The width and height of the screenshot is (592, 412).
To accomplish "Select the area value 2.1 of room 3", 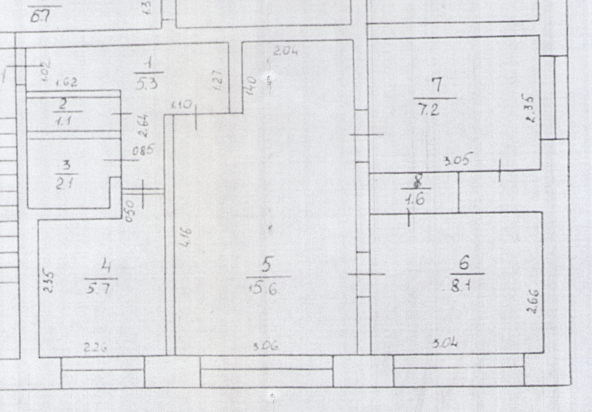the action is [67, 185].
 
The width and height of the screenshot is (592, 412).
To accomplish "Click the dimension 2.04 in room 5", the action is [286, 51].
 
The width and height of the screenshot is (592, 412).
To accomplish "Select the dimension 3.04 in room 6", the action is [445, 343].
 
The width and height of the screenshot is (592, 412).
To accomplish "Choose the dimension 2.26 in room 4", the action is [96, 348].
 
